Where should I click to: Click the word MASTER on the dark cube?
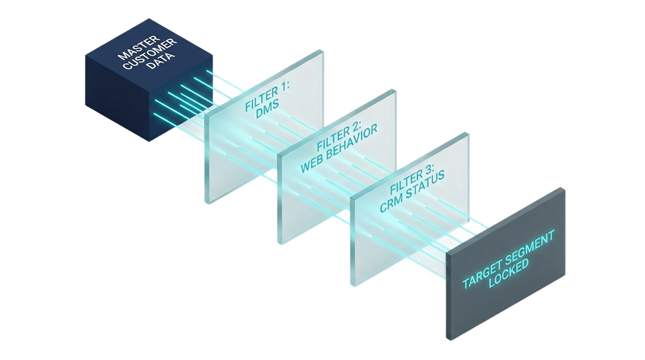(139, 47)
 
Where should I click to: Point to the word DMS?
(267, 110)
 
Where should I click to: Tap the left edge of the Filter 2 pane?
(279, 199)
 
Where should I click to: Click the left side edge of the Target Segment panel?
(448, 297)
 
